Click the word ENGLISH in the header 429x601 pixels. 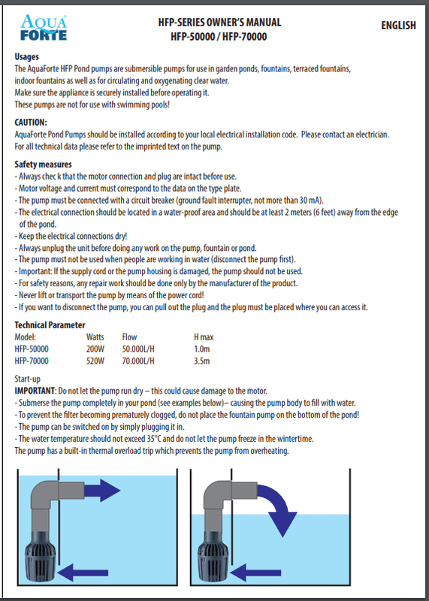(397, 26)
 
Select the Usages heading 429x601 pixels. (27, 57)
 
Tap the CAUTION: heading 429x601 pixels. (32, 122)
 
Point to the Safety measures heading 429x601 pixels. (44, 164)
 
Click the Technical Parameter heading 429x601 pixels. (50, 325)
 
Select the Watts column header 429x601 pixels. (95, 337)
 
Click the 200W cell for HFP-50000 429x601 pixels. (95, 349)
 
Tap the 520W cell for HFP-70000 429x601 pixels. (95, 361)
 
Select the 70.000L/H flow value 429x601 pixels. (138, 361)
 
